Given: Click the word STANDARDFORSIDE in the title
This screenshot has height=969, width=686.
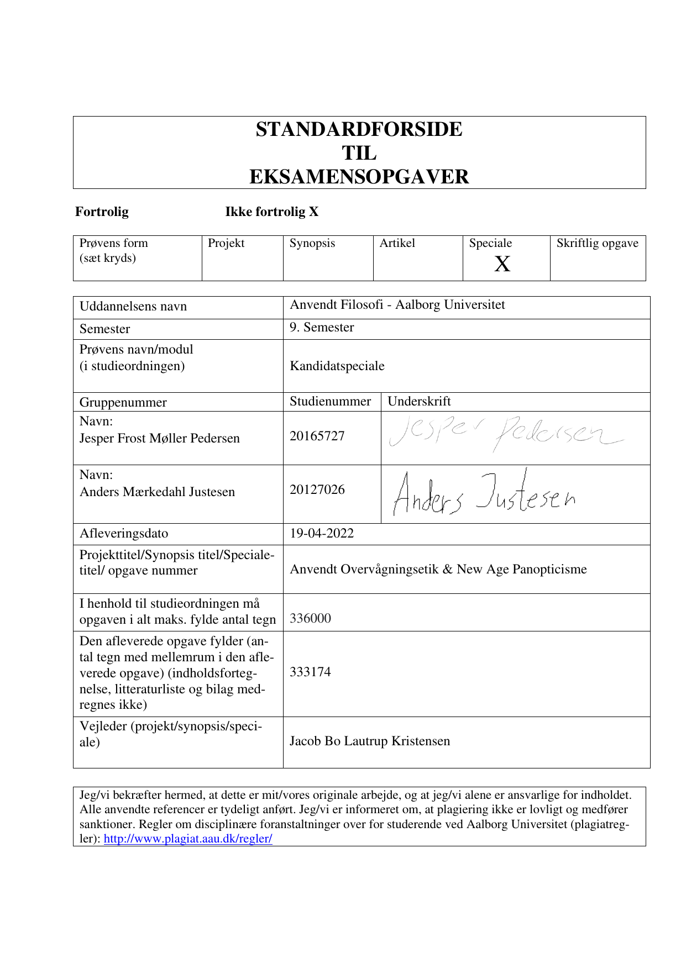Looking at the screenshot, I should [x=359, y=129].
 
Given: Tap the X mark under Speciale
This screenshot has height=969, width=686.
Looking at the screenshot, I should [x=502, y=265].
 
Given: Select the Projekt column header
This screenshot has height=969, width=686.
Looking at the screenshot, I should [x=226, y=244].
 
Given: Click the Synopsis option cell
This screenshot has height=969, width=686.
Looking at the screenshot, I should [x=312, y=244].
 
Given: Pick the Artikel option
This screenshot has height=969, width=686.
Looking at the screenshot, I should [x=397, y=244].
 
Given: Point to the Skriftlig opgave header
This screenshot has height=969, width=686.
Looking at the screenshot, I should [x=597, y=244].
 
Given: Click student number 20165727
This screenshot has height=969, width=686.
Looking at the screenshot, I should [x=317, y=436].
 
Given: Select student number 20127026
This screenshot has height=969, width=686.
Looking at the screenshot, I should [x=317, y=490].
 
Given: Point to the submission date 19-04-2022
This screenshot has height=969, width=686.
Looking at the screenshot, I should [x=322, y=534].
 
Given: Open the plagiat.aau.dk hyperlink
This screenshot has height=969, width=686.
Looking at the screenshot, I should [x=188, y=839].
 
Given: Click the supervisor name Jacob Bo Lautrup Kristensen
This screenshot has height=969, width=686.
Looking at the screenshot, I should [x=370, y=741].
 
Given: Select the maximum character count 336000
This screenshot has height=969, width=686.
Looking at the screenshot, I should [x=311, y=619].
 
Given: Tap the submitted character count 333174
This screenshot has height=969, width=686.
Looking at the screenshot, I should [x=311, y=672].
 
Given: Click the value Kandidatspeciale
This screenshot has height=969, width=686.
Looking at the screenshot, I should [x=337, y=366].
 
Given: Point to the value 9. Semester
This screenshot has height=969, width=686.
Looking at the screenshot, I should [x=322, y=328].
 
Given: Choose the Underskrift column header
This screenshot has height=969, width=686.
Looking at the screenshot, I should [x=419, y=402].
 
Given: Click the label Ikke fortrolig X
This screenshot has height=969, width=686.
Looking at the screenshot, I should [x=271, y=212].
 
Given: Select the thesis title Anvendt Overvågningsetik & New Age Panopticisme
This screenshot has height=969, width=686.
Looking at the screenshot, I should [x=438, y=570].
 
